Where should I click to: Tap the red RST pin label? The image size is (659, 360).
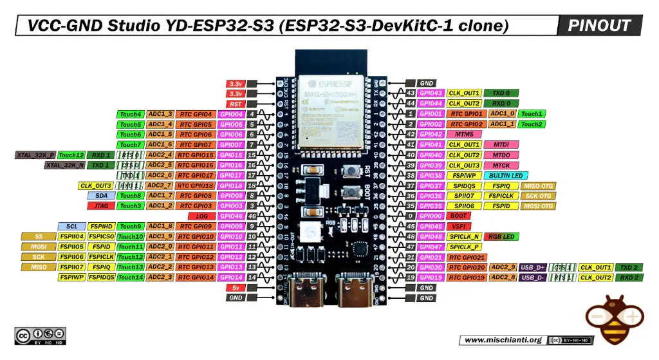tap(235, 104)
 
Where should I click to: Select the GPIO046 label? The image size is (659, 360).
tap(230, 216)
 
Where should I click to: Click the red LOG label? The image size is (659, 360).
tap(201, 216)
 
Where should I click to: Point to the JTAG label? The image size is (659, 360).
tap(102, 206)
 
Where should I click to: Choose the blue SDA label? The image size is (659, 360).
tap(102, 196)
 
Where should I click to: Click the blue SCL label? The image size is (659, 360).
tap(71, 227)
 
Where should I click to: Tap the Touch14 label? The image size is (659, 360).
tap(131, 278)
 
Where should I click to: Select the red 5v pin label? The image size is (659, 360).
tap(235, 288)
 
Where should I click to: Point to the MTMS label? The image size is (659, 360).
tap(464, 135)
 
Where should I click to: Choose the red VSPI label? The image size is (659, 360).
tap(459, 227)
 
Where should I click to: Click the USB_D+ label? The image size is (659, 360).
tap(533, 267)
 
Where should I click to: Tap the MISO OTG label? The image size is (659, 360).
tap(539, 185)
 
